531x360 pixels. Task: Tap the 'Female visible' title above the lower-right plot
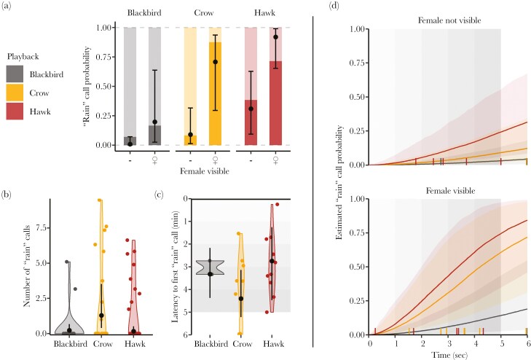(448, 191)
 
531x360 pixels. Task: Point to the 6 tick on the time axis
(527, 342)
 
